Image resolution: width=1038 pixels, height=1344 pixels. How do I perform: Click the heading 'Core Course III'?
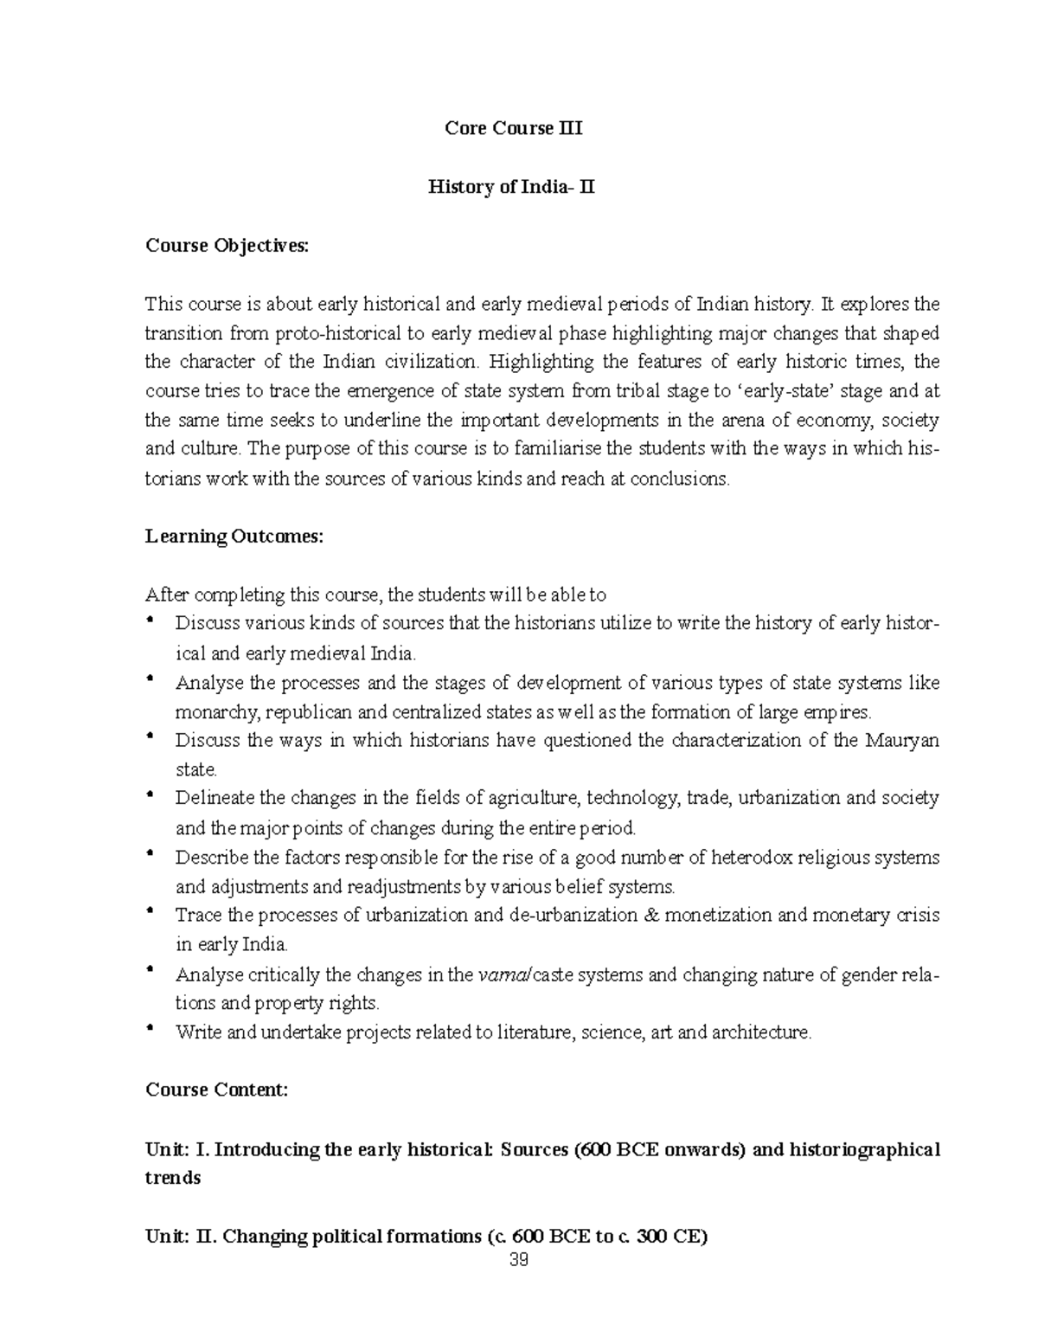(513, 129)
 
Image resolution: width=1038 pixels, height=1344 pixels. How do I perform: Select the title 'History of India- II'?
(511, 187)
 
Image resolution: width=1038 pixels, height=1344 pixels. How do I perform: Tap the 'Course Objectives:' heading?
(226, 246)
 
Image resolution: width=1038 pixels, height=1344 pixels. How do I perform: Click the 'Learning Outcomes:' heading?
(234, 537)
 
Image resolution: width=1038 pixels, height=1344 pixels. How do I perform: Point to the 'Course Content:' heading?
(216, 1090)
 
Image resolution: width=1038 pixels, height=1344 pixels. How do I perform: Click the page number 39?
(519, 1260)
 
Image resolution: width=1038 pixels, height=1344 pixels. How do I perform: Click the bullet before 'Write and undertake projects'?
(151, 1028)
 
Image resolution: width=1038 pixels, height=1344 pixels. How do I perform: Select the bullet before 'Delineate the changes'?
(151, 794)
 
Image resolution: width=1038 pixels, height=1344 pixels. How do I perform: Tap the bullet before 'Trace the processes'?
(151, 911)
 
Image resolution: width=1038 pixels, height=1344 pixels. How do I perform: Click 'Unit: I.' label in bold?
(177, 1149)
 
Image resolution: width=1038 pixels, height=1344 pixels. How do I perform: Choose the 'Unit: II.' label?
(181, 1237)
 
